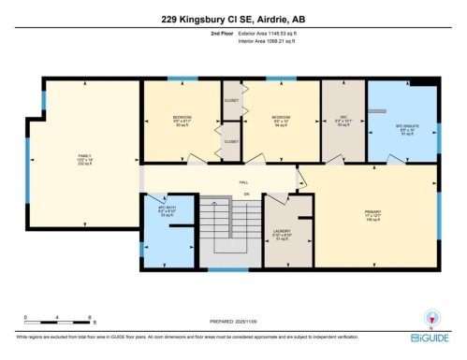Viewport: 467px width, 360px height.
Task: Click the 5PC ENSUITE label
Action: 404,125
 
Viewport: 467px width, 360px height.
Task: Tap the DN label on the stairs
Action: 222,194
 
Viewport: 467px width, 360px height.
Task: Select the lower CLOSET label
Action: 231,141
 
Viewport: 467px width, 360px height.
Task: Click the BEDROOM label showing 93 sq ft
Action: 182,119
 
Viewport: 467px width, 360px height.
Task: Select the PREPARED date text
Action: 233,322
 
